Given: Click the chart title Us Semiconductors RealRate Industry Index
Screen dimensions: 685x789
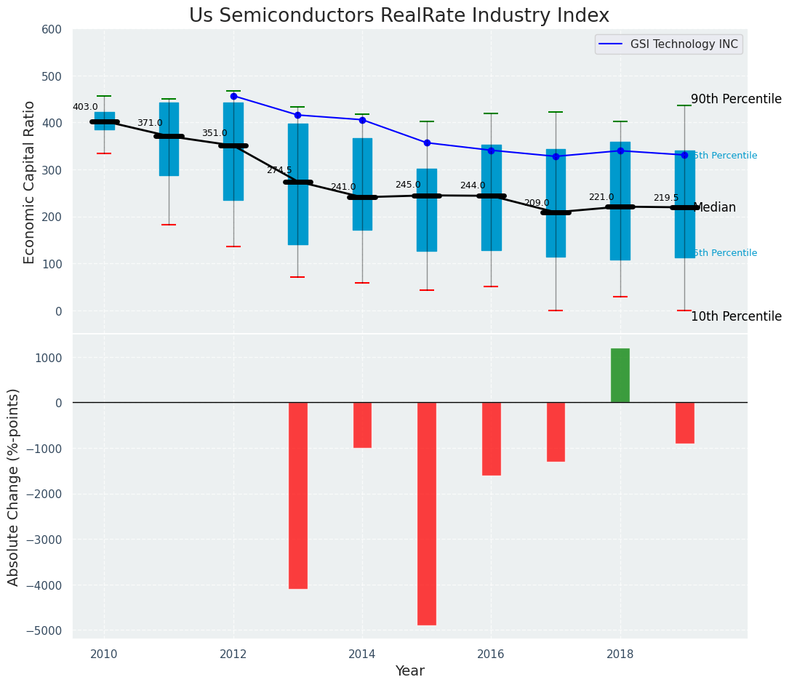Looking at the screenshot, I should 399,16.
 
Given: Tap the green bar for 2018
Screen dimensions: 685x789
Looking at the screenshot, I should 620,375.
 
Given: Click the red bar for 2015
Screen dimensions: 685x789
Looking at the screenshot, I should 427,513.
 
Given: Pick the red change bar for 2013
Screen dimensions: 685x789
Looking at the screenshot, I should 298,495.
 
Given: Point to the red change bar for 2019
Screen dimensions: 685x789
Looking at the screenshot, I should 684,422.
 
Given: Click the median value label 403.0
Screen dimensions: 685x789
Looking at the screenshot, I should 85,107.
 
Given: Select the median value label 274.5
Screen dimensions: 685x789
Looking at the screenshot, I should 279,170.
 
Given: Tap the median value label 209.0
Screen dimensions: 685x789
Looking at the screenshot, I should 537,203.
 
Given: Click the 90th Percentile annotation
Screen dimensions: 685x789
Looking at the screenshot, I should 736,99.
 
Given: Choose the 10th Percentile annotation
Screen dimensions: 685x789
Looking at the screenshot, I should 736,316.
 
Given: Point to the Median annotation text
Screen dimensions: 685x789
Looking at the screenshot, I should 715,207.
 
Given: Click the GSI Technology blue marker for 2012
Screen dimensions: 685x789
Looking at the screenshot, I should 233,96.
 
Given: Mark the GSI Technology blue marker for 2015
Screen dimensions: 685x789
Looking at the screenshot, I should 427,143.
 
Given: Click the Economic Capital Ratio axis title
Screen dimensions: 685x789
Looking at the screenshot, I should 30,182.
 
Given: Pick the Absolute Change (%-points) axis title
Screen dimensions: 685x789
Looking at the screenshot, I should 14,486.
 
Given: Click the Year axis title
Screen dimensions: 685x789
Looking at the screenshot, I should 409,671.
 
